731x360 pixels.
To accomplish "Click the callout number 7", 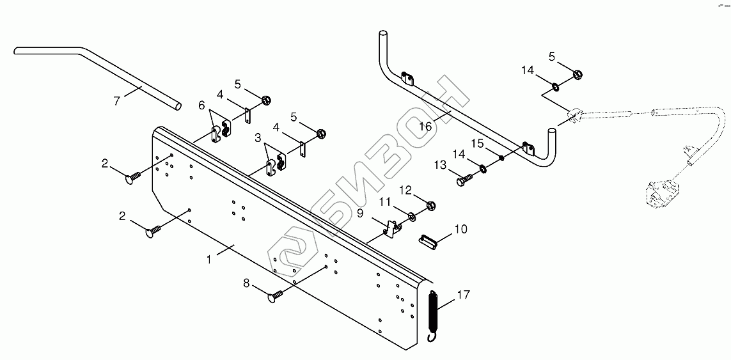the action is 118,100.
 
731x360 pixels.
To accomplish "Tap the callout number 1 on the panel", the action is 209,260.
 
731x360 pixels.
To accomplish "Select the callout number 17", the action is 464,295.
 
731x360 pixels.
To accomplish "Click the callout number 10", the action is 460,229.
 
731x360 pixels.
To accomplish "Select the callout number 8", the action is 247,283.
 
